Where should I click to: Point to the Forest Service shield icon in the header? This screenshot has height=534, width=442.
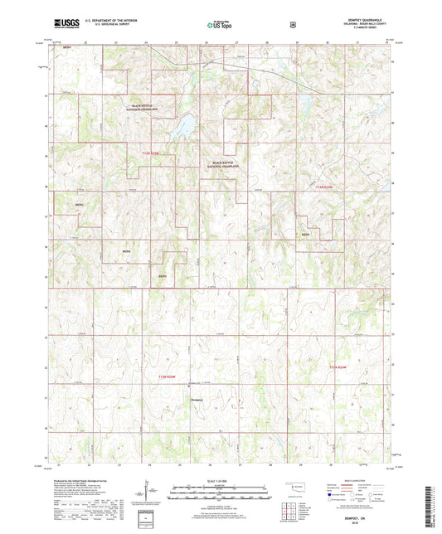294,26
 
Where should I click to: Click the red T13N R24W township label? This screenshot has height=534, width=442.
328,189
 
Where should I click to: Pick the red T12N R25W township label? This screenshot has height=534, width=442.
168,377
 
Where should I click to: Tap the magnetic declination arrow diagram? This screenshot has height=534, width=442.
147,492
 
